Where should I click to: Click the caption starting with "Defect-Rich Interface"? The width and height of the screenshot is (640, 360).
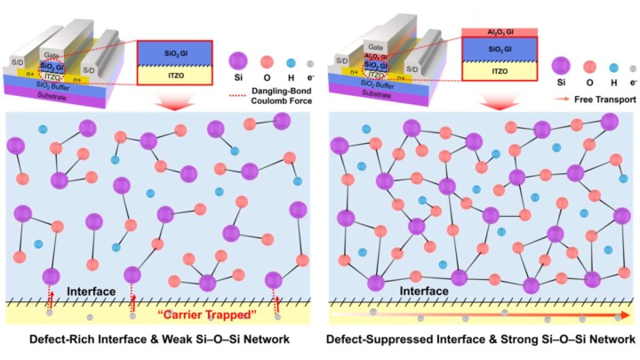coord(157,340)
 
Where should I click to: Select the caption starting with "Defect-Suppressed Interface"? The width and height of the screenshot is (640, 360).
coord(482,340)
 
